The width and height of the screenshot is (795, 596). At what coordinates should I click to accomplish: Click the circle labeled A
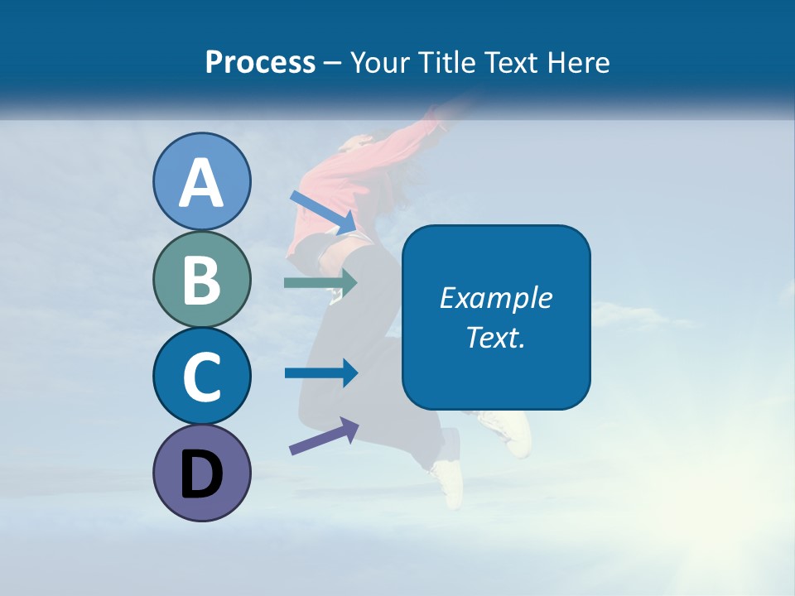click(x=201, y=181)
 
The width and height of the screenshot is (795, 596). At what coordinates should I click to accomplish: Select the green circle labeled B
click(x=201, y=280)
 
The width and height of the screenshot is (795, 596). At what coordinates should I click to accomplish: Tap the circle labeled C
click(x=201, y=376)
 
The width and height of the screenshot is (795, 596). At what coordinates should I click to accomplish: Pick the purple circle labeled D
click(x=201, y=473)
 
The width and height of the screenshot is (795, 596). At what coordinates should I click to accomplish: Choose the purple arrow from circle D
click(x=324, y=436)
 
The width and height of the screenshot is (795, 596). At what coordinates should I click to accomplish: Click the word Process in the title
click(x=260, y=62)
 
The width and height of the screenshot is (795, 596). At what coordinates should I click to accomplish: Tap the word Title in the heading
click(x=448, y=62)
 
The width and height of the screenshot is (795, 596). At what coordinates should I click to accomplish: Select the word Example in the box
click(x=495, y=298)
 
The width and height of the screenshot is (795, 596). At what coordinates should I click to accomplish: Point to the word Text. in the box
click(x=495, y=337)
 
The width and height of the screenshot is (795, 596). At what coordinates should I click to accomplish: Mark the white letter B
click(x=201, y=280)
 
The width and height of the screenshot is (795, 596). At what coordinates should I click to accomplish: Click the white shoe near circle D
click(x=447, y=481)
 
